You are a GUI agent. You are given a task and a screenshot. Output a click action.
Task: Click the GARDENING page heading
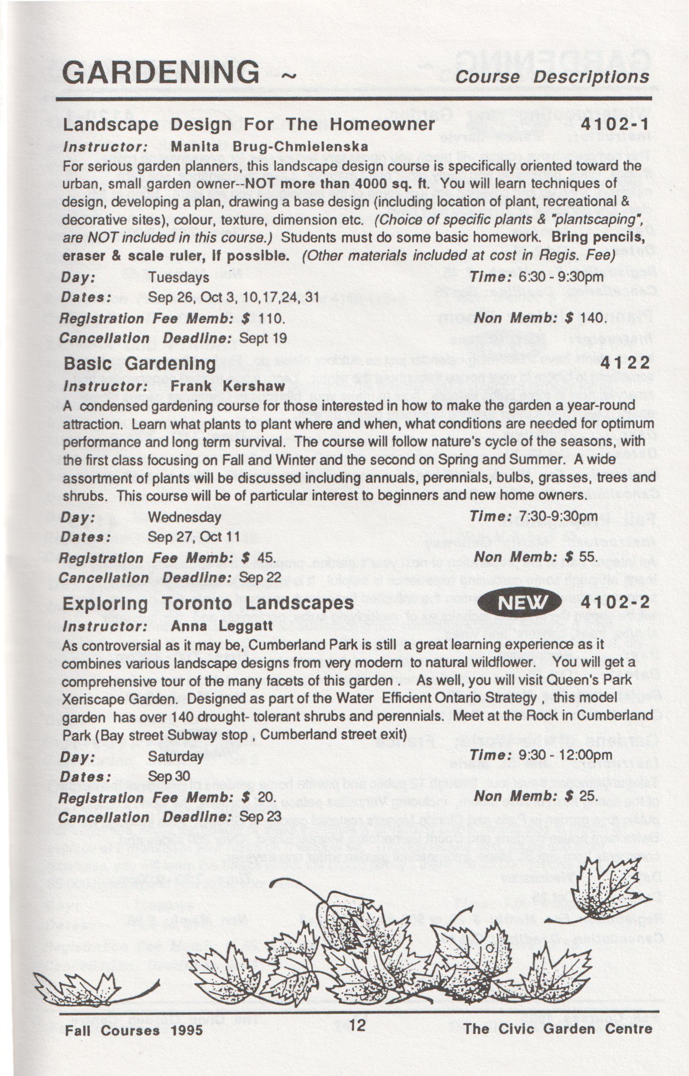161,72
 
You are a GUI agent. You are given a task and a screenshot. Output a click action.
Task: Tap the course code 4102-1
614,125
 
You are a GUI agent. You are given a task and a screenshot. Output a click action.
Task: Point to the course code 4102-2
615,603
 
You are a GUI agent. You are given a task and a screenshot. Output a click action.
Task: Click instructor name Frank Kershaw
228,386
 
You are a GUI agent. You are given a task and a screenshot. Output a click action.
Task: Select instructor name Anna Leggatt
221,626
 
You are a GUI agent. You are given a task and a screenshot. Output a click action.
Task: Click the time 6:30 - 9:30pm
561,277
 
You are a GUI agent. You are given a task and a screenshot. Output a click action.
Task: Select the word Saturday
176,757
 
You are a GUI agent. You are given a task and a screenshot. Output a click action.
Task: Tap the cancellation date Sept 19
263,338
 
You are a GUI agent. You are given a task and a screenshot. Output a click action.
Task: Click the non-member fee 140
593,318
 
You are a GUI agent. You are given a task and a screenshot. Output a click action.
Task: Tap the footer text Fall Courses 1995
134,1031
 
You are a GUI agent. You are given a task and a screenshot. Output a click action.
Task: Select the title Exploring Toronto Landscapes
208,603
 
